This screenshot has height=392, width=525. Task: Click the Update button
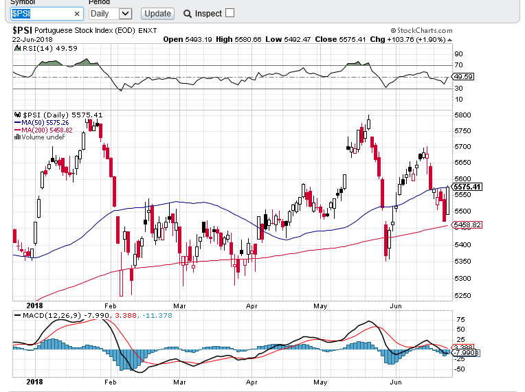click(157, 13)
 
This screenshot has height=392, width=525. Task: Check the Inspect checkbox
click(230, 13)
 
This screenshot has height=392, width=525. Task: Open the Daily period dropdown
click(110, 13)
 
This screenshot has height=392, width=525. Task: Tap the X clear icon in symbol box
click(76, 14)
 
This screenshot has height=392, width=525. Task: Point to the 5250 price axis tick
click(462, 295)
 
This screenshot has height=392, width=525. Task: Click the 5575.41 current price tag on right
click(467, 187)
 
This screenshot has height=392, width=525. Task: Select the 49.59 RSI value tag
click(465, 76)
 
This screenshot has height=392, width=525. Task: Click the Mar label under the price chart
click(180, 306)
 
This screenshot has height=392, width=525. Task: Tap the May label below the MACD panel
click(320, 380)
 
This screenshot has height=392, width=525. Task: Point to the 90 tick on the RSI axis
click(458, 54)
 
